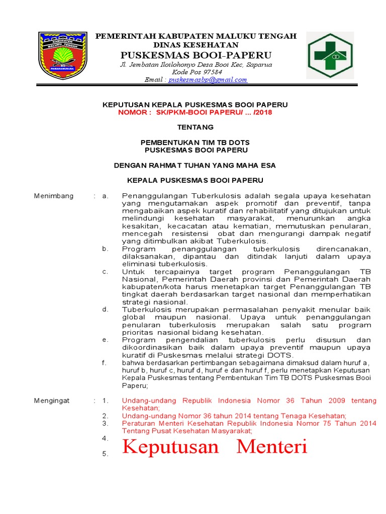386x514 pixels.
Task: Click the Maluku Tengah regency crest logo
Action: coord(63,55)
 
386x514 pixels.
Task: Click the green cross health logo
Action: coord(331,56)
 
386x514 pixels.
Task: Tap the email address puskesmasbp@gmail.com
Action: coord(208,80)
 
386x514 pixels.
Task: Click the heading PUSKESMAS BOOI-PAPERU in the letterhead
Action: coord(196,55)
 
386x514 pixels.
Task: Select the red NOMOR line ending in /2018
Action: coord(195,112)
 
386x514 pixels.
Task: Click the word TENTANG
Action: coord(196,127)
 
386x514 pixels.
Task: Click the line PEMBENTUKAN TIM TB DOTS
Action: coord(196,142)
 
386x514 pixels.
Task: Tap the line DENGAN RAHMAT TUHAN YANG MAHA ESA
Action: coord(195,165)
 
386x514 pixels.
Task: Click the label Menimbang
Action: coord(54,196)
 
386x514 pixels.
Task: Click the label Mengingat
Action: coord(52,401)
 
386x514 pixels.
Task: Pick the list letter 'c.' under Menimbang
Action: coord(105,272)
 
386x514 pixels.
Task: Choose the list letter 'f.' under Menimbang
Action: coord(104,362)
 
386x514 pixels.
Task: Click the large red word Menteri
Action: coord(272,446)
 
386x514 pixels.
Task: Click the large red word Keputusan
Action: coord(171,446)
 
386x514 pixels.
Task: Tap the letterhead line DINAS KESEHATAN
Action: coord(196,45)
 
